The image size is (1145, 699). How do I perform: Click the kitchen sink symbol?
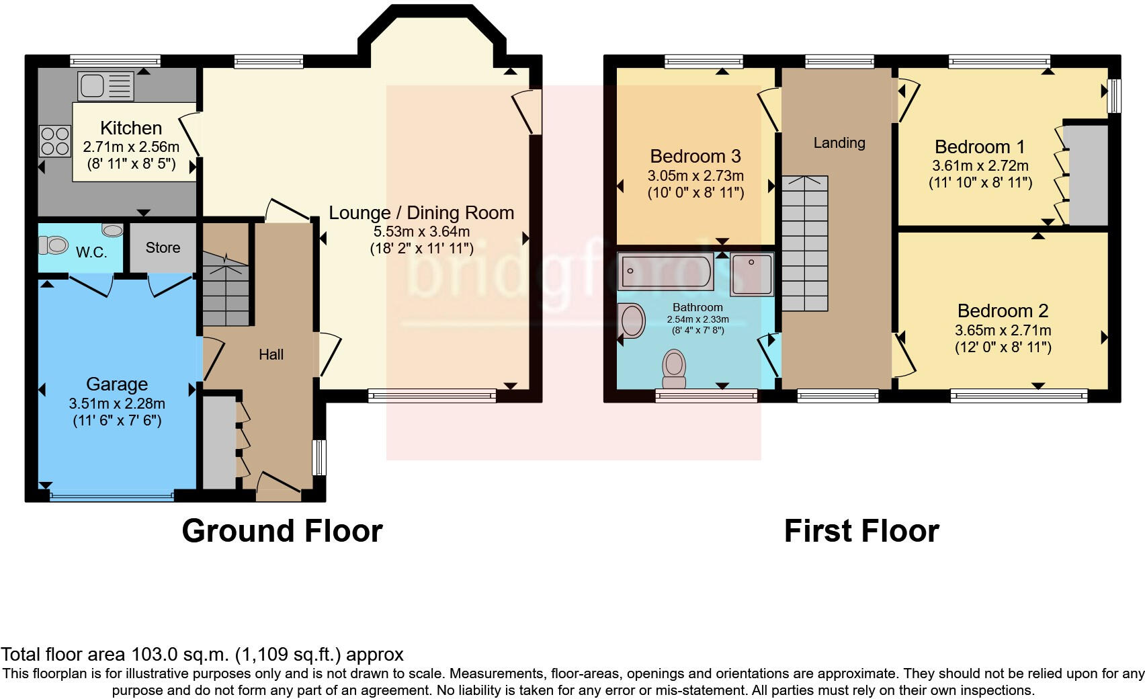[x=106, y=86]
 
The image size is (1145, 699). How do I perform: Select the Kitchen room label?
[x=131, y=128]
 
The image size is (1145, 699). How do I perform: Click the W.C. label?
[x=91, y=253]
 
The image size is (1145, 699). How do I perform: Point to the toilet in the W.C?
[x=54, y=245]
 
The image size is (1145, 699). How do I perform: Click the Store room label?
[x=163, y=247]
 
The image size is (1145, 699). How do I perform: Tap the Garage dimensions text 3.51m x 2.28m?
[x=117, y=404]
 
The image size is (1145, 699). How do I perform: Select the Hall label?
[x=271, y=354]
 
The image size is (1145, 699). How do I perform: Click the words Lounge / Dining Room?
[x=421, y=213]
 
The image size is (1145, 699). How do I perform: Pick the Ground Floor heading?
[x=282, y=531]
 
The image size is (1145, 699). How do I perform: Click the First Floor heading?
[x=861, y=531]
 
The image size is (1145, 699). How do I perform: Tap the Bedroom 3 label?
[x=695, y=157]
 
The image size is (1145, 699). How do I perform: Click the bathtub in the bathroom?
[x=665, y=272]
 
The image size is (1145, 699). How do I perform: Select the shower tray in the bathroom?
[x=752, y=274]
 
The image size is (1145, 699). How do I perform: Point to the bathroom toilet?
[x=674, y=368]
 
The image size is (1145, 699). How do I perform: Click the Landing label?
[x=839, y=142]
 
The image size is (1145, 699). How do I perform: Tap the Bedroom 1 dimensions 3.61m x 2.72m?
[x=980, y=166]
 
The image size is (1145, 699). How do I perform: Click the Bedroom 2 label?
[x=1003, y=311]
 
